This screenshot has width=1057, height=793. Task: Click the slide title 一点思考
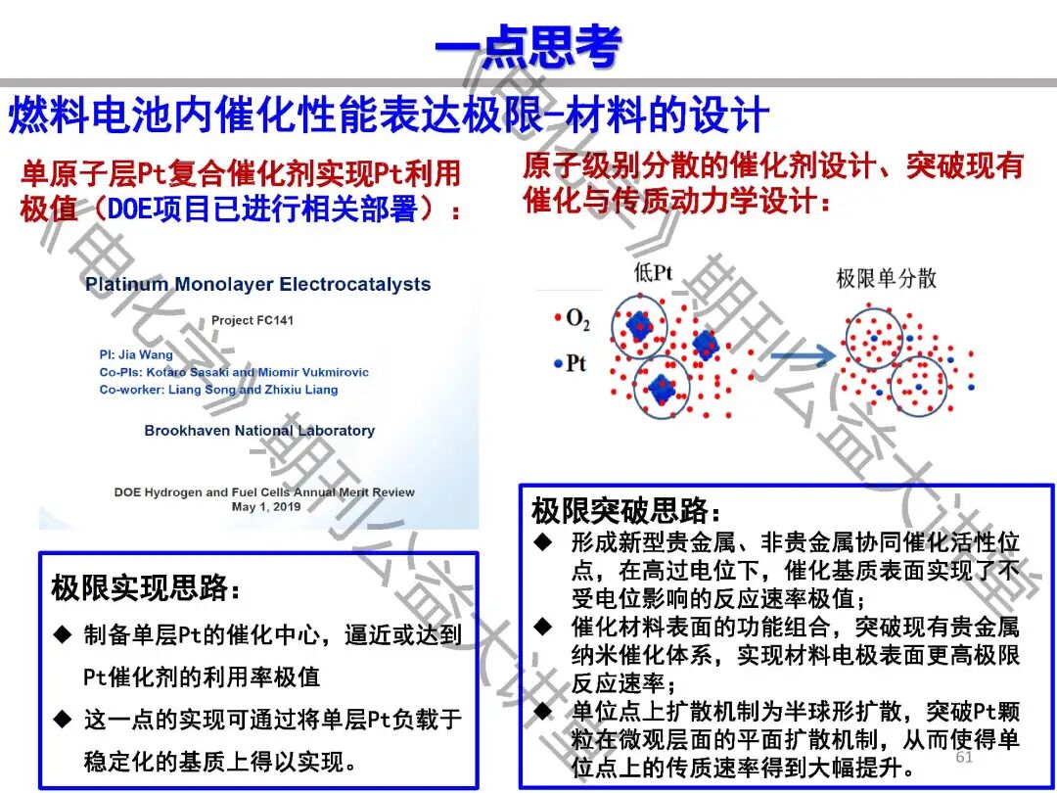pyautogui.click(x=528, y=46)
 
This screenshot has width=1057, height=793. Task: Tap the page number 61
pyautogui.click(x=964, y=758)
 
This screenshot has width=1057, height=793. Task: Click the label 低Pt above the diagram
pyautogui.click(x=653, y=273)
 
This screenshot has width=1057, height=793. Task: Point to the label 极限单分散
pyautogui.click(x=886, y=278)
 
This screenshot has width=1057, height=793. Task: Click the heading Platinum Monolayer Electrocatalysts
pyautogui.click(x=257, y=285)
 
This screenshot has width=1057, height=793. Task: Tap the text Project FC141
pyautogui.click(x=252, y=320)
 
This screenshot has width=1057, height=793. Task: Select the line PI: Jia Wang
pyautogui.click(x=136, y=354)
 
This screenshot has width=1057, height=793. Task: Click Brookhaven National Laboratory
pyautogui.click(x=259, y=431)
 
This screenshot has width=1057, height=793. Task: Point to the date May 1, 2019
pyautogui.click(x=265, y=507)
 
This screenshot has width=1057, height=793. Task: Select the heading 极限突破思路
pyautogui.click(x=626, y=511)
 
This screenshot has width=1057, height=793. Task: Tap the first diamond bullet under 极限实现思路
pyautogui.click(x=63, y=635)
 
